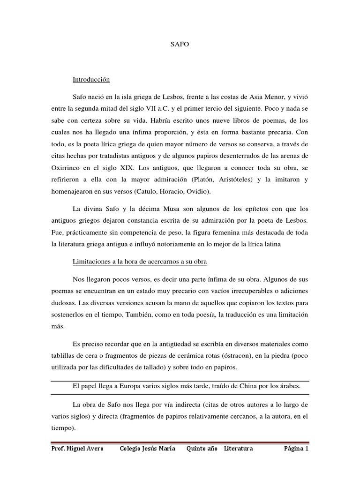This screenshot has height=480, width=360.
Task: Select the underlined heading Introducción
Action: [x=91, y=80]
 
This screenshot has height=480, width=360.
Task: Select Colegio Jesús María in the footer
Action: [x=148, y=449]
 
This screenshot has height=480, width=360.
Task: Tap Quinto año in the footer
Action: [x=202, y=449]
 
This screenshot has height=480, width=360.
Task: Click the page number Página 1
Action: [x=296, y=449]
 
